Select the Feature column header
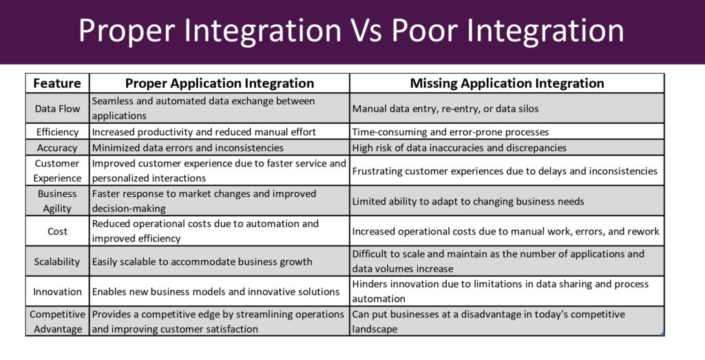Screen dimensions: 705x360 coord(57,83)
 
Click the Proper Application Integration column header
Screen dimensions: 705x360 coord(220,83)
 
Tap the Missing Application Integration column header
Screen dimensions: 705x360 coord(507,83)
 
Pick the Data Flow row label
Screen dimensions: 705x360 coord(58,108)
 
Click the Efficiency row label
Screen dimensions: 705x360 coord(58,131)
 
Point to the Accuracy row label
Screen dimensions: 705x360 coord(57,148)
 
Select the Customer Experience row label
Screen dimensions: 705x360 coord(57,171)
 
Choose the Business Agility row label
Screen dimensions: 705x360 coord(57,201)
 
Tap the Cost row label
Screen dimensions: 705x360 coord(58,231)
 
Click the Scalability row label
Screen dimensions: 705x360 coord(57,262)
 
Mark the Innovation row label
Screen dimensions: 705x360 coord(58,292)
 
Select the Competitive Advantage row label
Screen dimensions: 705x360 coord(58,321)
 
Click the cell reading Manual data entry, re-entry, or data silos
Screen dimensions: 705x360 coord(445,109)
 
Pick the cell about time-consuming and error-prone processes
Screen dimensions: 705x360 coord(450,132)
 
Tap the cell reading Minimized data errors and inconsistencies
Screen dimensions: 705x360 coord(188,148)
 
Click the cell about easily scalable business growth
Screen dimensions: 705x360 coord(202,262)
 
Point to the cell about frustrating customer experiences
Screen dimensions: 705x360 coord(505,171)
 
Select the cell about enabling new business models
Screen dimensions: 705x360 coord(215,292)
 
